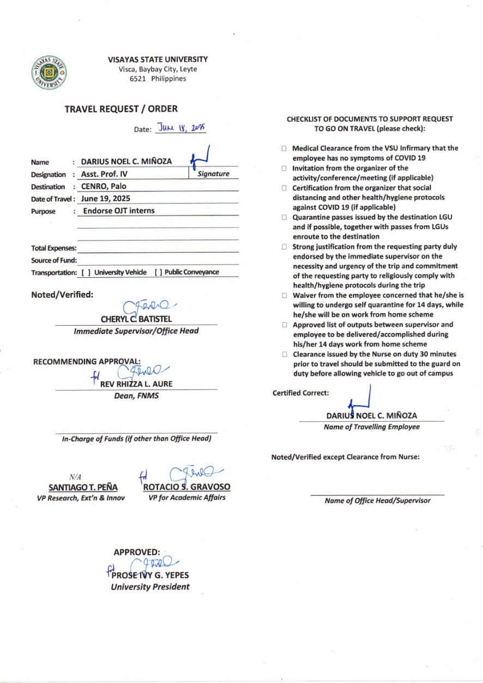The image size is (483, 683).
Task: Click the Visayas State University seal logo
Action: (x=47, y=72)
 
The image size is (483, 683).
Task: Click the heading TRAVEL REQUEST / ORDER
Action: (x=121, y=109)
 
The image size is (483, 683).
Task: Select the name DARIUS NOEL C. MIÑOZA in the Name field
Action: (x=126, y=161)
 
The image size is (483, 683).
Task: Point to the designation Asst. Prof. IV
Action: (x=105, y=174)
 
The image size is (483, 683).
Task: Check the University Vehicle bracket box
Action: (x=85, y=272)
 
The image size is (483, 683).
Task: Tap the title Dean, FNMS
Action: (x=140, y=396)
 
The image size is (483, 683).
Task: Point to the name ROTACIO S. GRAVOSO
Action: (x=186, y=487)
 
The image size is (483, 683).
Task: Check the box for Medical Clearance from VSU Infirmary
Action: (x=285, y=148)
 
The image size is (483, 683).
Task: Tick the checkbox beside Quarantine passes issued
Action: (x=285, y=217)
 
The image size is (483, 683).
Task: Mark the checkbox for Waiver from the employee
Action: (x=285, y=296)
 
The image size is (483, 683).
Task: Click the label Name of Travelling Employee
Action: (x=371, y=427)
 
